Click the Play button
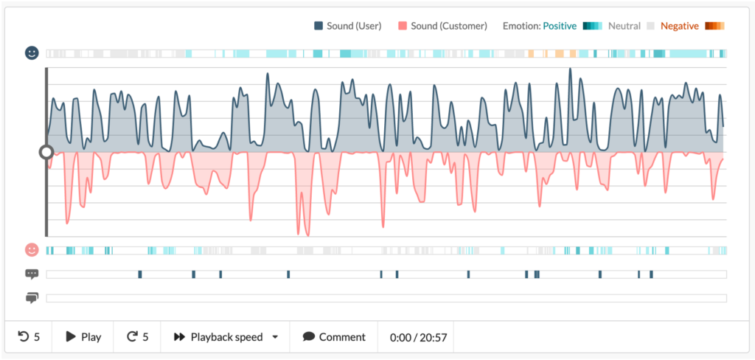coord(83,337)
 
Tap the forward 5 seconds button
coord(137,337)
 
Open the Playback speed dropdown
coord(226,337)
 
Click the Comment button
coord(334,337)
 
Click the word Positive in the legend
coord(560,26)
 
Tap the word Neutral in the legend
coord(624,26)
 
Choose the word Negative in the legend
coord(679,26)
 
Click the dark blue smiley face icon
coord(32,53)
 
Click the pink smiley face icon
coord(32,250)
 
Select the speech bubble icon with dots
coord(32,274)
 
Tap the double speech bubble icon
coord(32,298)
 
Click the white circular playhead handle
coord(46,152)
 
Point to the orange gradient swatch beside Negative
coord(714,26)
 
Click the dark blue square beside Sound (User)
coord(319,26)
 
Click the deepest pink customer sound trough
coord(307,235)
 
